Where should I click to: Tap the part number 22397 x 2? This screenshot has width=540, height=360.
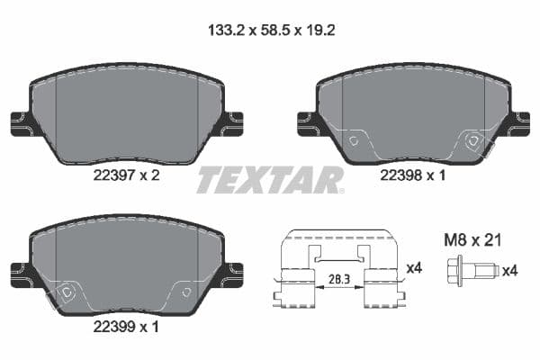[x=126, y=176]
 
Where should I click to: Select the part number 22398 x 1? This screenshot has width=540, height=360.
[x=413, y=176]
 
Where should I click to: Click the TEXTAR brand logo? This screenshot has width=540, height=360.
[x=270, y=180]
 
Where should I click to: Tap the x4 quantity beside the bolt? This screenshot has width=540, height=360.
[x=508, y=269]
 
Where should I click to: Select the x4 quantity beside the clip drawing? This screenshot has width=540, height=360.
[x=414, y=267]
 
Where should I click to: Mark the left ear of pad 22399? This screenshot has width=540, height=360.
[x=20, y=271]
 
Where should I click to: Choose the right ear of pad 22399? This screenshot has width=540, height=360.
[x=232, y=271]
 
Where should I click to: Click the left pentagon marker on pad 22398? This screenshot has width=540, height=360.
[x=354, y=140]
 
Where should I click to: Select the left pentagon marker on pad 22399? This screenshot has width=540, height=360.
[x=67, y=291]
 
